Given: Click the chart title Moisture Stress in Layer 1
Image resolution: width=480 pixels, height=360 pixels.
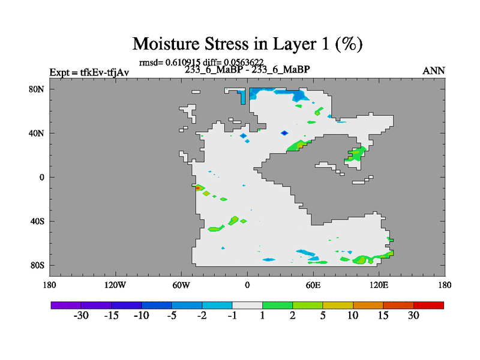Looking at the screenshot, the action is pyautogui.click(x=247, y=44).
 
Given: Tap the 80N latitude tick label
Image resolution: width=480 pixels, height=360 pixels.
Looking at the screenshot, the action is pyautogui.click(x=37, y=89).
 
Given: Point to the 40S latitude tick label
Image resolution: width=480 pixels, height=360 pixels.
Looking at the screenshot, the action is pyautogui.click(x=37, y=221).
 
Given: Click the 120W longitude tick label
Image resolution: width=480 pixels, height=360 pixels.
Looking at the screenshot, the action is pyautogui.click(x=115, y=286).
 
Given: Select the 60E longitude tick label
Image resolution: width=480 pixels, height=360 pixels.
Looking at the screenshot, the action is pyautogui.click(x=313, y=286).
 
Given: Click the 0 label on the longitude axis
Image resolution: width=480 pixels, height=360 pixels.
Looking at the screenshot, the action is pyautogui.click(x=247, y=286).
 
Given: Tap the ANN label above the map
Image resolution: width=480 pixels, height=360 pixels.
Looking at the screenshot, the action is pyautogui.click(x=433, y=71).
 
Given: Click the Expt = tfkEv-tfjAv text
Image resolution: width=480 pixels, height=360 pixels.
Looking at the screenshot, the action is pyautogui.click(x=89, y=73).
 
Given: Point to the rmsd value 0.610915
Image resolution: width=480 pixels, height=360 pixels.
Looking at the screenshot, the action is pyautogui.click(x=183, y=62).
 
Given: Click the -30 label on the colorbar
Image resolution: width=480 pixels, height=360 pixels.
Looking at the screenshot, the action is pyautogui.click(x=81, y=316).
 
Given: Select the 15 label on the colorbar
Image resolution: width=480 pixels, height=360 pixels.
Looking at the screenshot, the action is pyautogui.click(x=383, y=316).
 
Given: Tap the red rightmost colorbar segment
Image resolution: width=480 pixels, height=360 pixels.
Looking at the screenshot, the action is pyautogui.click(x=428, y=305).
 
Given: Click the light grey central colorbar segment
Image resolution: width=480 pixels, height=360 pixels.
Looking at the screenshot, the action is pyautogui.click(x=247, y=305).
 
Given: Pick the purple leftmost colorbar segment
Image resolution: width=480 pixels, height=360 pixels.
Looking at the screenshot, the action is pyautogui.click(x=66, y=305).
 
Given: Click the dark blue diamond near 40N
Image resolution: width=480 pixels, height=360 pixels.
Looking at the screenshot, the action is pyautogui.click(x=284, y=133).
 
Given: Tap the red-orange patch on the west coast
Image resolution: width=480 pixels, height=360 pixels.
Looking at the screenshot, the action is pyautogui.click(x=199, y=187).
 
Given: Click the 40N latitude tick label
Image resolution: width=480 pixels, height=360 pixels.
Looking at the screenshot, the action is pyautogui.click(x=37, y=133).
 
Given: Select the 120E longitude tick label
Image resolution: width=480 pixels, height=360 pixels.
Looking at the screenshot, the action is pyautogui.click(x=379, y=286).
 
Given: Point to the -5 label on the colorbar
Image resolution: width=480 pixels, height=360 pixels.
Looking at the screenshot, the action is pyautogui.click(x=172, y=316).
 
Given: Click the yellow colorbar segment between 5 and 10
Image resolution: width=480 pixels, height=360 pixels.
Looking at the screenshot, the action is pyautogui.click(x=338, y=305).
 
